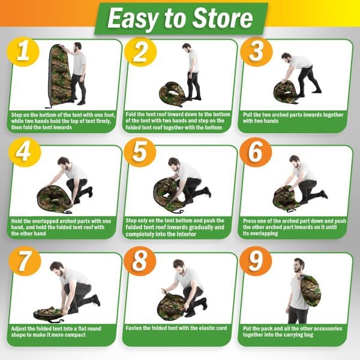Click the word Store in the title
click(222, 18)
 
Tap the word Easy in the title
click(134, 19)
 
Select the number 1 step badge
click(23, 53)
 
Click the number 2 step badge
click(140, 53)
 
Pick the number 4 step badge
click(25, 152)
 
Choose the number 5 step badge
click(140, 152)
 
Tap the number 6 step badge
click(256, 152)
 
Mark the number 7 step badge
click(25, 261)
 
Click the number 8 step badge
click(140, 261)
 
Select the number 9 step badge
click(256, 261)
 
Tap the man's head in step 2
click(187, 48)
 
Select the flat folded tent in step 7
click(48, 314)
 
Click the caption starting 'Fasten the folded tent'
click(176, 328)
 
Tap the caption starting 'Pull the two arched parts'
click(293, 118)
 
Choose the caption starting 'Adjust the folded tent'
click(56, 332)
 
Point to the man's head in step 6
click(295, 161)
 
